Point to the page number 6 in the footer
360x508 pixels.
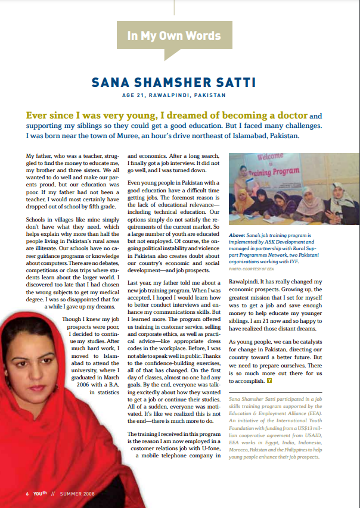click(27, 494)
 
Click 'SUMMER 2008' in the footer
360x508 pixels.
click(78, 494)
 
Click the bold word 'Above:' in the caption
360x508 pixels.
click(238, 236)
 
